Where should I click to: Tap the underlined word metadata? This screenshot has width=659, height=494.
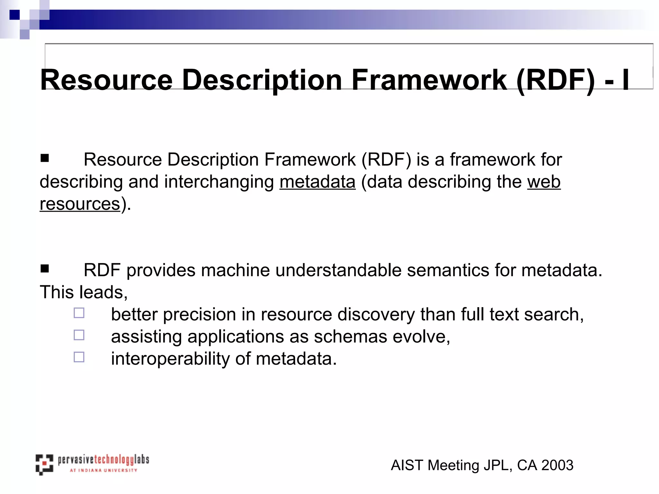click(317, 182)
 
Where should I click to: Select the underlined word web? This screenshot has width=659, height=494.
click(543, 182)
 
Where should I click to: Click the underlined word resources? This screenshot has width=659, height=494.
click(80, 204)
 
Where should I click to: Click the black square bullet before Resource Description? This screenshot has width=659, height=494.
click(44, 158)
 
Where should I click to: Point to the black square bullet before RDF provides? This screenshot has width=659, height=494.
click(44, 268)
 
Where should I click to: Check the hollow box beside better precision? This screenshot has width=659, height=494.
click(79, 313)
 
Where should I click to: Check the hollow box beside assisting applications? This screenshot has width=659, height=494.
click(79, 335)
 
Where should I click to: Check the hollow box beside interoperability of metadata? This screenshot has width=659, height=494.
click(79, 357)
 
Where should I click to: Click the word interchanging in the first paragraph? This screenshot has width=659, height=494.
click(219, 182)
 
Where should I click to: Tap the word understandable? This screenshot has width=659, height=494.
click(338, 270)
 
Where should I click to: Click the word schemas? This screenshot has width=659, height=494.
click(350, 337)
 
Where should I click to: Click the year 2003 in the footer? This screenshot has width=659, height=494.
click(557, 465)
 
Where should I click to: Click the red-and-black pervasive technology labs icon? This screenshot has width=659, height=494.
click(44, 464)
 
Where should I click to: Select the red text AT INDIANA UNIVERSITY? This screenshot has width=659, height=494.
click(103, 470)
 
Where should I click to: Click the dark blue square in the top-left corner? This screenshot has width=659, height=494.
click(14, 15)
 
